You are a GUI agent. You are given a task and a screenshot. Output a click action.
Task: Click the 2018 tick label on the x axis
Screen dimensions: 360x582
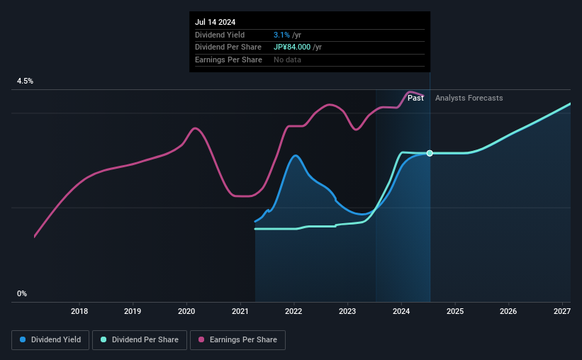tap(79, 311)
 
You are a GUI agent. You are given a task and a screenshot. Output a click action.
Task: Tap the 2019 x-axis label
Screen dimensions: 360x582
tap(133, 311)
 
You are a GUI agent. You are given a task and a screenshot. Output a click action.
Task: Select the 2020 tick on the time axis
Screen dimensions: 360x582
tap(186, 311)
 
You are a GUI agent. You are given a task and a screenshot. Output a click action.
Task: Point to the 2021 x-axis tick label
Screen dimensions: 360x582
tap(240, 311)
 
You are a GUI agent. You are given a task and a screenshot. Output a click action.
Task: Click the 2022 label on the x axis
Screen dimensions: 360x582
tap(293, 311)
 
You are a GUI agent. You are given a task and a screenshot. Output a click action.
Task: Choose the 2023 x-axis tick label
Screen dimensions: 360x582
tap(347, 311)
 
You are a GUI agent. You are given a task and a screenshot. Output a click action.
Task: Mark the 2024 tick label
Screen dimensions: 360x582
tap(401, 311)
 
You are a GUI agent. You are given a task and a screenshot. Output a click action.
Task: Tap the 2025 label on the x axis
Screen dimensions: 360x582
tap(455, 311)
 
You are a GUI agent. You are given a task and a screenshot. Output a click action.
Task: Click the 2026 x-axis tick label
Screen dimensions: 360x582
tap(508, 311)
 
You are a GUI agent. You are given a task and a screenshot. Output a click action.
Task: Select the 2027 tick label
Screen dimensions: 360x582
tap(562, 311)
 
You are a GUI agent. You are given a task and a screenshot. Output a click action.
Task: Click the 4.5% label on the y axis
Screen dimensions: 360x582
tap(25, 81)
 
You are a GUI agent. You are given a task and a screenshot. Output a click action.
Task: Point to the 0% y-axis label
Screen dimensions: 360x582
tap(22, 293)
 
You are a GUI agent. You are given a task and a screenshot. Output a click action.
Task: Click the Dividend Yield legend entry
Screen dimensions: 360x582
tap(51, 340)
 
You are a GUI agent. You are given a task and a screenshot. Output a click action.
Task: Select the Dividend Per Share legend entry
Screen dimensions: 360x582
tap(143, 340)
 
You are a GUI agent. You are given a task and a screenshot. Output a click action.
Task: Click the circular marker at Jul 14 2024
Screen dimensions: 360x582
tap(430, 153)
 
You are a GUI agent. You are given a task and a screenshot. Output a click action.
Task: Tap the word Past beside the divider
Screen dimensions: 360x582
tap(415, 98)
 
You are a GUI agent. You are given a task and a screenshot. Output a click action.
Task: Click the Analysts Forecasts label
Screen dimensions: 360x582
tap(469, 98)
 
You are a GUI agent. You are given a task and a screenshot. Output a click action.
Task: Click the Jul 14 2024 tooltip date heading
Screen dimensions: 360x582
tap(216, 21)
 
